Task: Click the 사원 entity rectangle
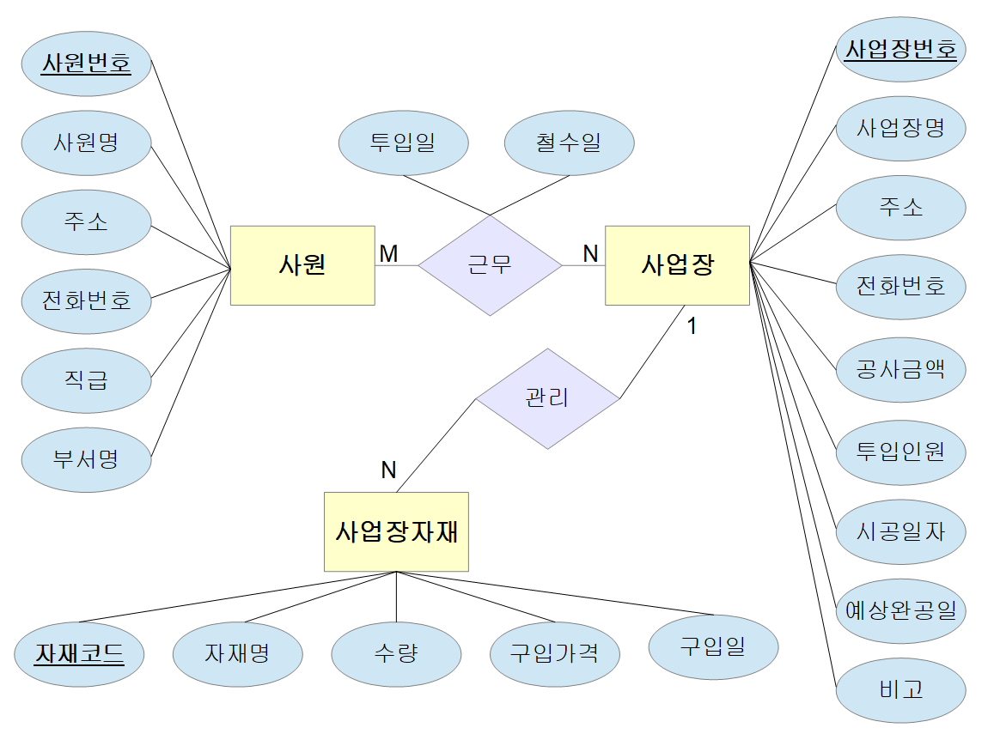tap(302, 265)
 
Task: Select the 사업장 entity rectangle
tap(677, 265)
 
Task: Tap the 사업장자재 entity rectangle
tap(396, 531)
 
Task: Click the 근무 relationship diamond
tap(490, 265)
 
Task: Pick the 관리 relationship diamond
tap(547, 398)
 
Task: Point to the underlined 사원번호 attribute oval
tap(86, 64)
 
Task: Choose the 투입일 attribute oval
tap(403, 143)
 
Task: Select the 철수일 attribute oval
tap(569, 143)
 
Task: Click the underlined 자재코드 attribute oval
tap(79, 655)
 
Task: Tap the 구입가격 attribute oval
tap(554, 654)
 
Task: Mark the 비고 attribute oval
tap(901, 689)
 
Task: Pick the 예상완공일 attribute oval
tap(901, 610)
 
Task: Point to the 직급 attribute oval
tap(86, 380)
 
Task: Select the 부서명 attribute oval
tap(86, 459)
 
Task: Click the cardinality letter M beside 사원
tap(388, 253)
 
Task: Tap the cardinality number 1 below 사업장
tap(692, 326)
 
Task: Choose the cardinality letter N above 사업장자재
tap(388, 470)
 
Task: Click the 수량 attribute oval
tap(396, 654)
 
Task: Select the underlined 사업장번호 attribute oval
tap(901, 50)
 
